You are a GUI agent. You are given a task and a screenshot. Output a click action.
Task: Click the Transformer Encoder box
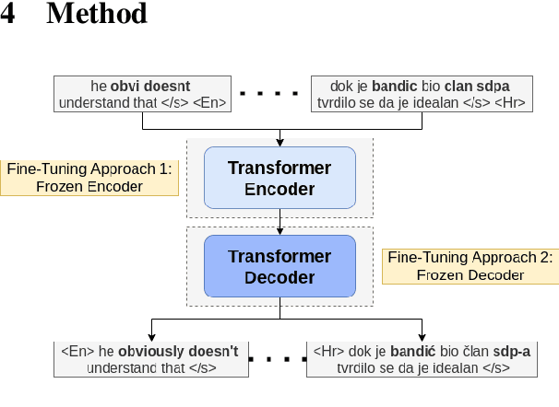pos(279,179)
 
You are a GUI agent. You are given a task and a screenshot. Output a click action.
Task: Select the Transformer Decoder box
pos(279,266)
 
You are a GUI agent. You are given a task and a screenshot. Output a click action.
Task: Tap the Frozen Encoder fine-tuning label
pos(89,177)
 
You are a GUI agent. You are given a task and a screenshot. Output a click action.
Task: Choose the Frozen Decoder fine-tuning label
pos(470,265)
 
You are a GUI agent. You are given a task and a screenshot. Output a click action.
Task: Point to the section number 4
pos(8,15)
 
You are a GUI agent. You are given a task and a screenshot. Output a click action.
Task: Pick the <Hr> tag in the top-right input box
pos(510,103)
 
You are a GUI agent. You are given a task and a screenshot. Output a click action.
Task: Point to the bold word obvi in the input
pos(125,87)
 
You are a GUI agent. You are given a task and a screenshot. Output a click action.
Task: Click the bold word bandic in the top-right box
pos(394,87)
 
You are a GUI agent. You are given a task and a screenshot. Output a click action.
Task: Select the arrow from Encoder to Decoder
pos(279,222)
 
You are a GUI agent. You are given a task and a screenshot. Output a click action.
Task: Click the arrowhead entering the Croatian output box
pos(422,335)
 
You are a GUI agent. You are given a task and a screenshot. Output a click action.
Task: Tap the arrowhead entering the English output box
pos(151,335)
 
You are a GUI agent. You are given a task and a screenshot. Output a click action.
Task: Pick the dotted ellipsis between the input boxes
pos(269,94)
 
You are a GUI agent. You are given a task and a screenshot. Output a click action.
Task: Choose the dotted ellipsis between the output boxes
pos(278,358)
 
